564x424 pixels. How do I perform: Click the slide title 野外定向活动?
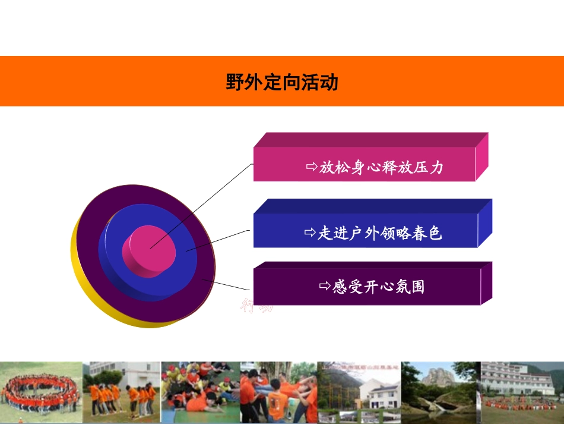(281, 82)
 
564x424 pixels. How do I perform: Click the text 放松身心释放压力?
(381, 168)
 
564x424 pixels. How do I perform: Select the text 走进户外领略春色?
(380, 233)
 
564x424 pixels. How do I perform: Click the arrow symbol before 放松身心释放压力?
(312, 167)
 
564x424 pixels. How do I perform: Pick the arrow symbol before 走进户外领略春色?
(310, 233)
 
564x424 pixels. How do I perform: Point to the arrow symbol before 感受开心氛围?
(325, 287)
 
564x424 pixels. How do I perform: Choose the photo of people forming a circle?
(40, 392)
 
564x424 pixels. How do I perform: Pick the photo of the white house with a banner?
(359, 392)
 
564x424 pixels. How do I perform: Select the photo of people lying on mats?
(199, 392)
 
